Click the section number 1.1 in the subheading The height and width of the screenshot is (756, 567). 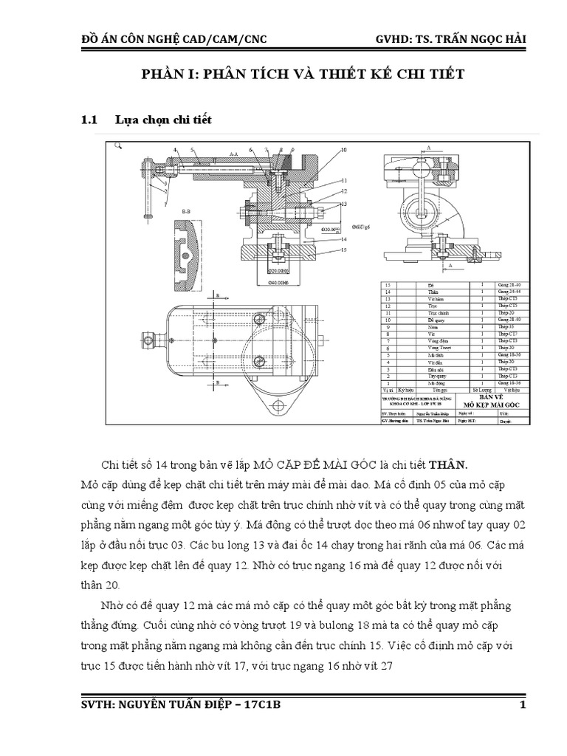(89, 119)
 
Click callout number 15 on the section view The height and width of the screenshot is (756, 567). (344, 250)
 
